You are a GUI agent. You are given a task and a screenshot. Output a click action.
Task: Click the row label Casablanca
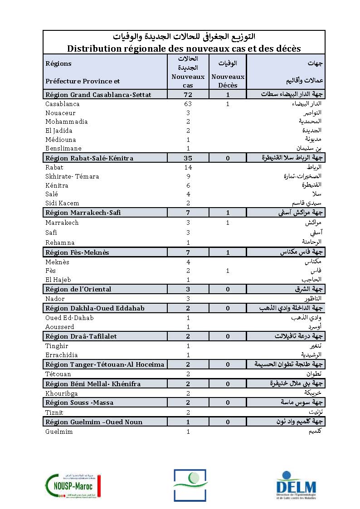[x=62, y=104]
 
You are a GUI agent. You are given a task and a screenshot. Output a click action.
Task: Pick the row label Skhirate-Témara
[x=72, y=176]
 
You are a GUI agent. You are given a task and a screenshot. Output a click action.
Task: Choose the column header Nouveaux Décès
[x=228, y=81]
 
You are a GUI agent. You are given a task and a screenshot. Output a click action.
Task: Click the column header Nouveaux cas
[x=188, y=81]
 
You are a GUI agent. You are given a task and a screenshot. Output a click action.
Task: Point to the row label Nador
[x=55, y=299]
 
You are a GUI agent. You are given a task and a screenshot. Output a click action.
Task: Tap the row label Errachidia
[x=62, y=354]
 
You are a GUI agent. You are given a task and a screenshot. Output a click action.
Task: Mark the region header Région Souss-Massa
[x=79, y=402]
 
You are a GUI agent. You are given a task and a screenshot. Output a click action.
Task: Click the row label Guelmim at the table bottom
[x=59, y=431]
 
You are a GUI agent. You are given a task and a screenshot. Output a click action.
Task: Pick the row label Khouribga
[x=61, y=393]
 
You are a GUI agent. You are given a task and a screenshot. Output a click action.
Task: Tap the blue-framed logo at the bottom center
[x=190, y=485]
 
